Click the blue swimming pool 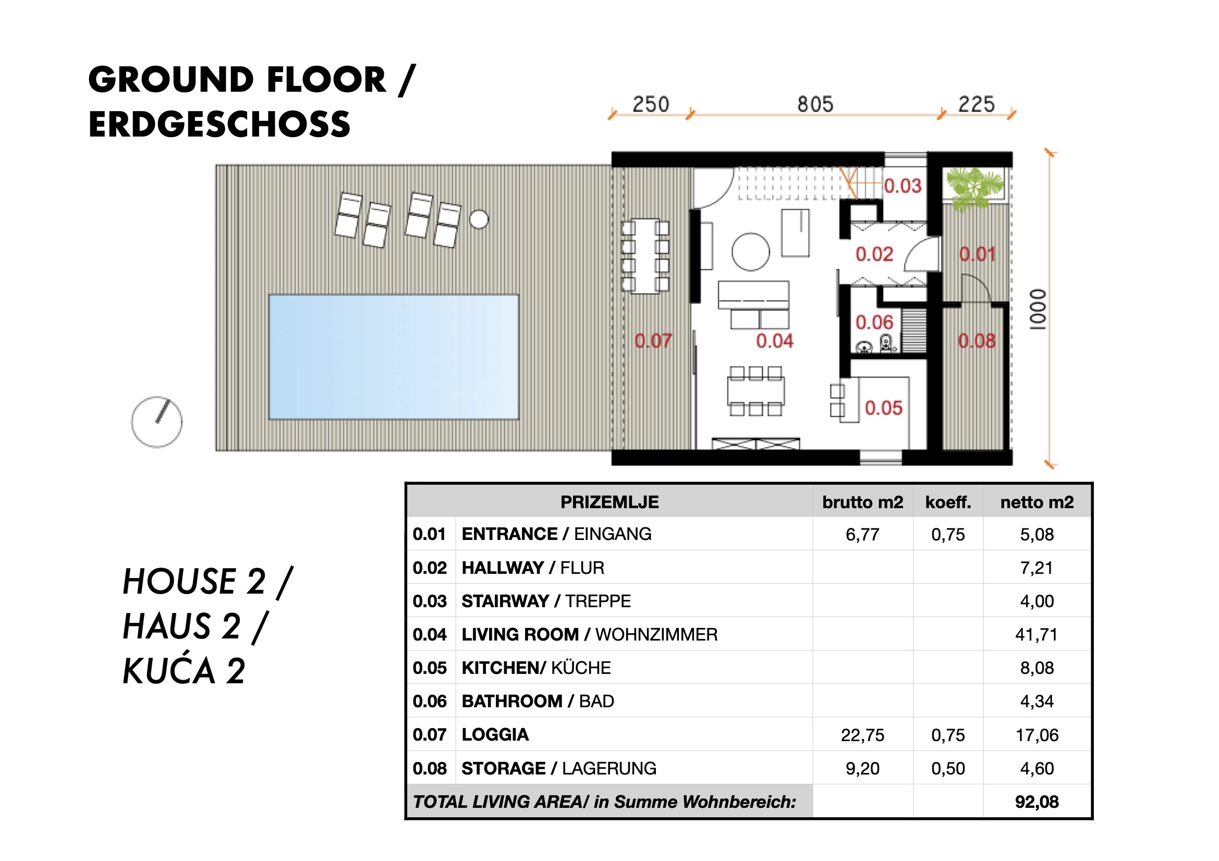point(394,357)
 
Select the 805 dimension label point(815,105)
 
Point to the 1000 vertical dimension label point(1038,310)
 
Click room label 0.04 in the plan point(775,341)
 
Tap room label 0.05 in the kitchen point(883,408)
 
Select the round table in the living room point(750,252)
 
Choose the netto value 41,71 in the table point(1037,634)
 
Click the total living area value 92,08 point(1037,802)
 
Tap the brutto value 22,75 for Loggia point(862,735)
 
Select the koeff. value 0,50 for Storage point(948,768)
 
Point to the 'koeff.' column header point(948,502)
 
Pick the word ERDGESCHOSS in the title point(220,124)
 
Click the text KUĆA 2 point(184,671)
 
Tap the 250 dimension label point(650,105)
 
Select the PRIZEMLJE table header point(609,502)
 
